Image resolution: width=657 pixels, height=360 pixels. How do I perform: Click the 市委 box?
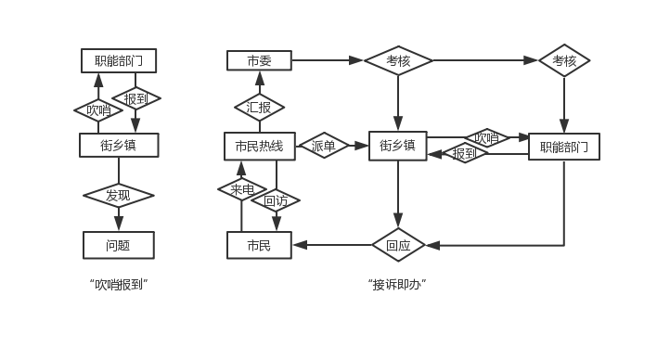point(259,60)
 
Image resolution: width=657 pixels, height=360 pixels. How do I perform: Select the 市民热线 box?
point(260,147)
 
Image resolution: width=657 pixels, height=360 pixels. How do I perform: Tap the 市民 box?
point(259,245)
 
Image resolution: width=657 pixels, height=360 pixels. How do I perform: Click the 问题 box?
point(119,245)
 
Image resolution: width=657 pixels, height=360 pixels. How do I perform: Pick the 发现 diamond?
point(119,195)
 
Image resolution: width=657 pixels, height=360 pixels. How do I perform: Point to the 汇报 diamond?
point(259,108)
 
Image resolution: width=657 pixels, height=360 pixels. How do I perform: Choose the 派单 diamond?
point(324,146)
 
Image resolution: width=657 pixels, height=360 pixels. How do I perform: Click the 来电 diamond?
point(242,189)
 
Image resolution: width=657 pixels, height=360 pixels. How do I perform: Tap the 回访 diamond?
point(276,200)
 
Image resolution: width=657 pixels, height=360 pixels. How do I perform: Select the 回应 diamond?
point(398,245)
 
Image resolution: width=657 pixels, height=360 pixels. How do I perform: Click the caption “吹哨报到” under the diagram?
point(119,285)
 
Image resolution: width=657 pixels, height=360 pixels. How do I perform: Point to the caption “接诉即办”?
point(397,285)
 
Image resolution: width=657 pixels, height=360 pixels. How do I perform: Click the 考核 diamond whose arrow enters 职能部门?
point(564,60)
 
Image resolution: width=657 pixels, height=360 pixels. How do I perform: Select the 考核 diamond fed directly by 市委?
point(398,60)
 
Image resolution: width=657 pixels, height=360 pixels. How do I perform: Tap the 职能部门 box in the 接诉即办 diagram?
point(564,147)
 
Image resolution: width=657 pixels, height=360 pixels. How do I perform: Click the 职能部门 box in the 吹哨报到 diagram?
point(119,60)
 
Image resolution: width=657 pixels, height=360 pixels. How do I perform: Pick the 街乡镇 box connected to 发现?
point(119,146)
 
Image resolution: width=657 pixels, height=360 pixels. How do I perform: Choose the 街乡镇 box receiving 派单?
point(398,146)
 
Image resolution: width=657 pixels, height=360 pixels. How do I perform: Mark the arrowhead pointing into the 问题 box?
point(119,224)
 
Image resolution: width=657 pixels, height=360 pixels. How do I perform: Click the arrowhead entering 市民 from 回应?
point(300,245)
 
